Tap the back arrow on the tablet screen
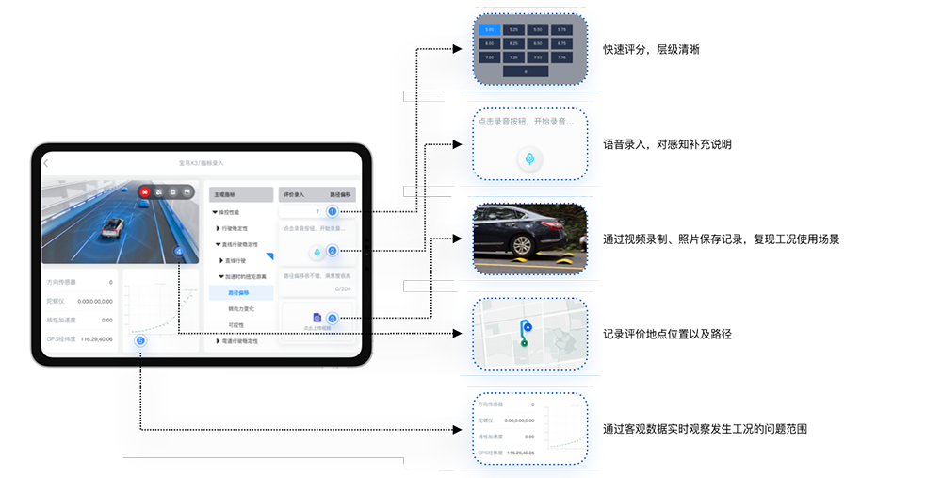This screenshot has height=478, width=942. [x=45, y=164]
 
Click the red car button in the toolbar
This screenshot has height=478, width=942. [x=144, y=192]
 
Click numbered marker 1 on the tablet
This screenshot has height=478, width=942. [x=332, y=211]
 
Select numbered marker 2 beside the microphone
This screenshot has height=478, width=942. [x=332, y=251]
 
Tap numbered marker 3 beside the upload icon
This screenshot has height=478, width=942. [x=332, y=319]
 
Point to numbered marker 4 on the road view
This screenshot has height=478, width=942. [x=179, y=251]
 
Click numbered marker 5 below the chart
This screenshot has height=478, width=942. [x=140, y=340]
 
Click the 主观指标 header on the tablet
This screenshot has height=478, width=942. [x=227, y=194]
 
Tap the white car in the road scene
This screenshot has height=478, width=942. [x=115, y=226]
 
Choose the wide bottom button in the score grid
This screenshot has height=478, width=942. [x=526, y=71]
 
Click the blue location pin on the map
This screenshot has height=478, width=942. [x=528, y=327]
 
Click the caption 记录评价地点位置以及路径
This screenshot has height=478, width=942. [x=667, y=335]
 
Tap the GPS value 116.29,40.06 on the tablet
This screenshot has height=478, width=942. [x=97, y=338]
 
